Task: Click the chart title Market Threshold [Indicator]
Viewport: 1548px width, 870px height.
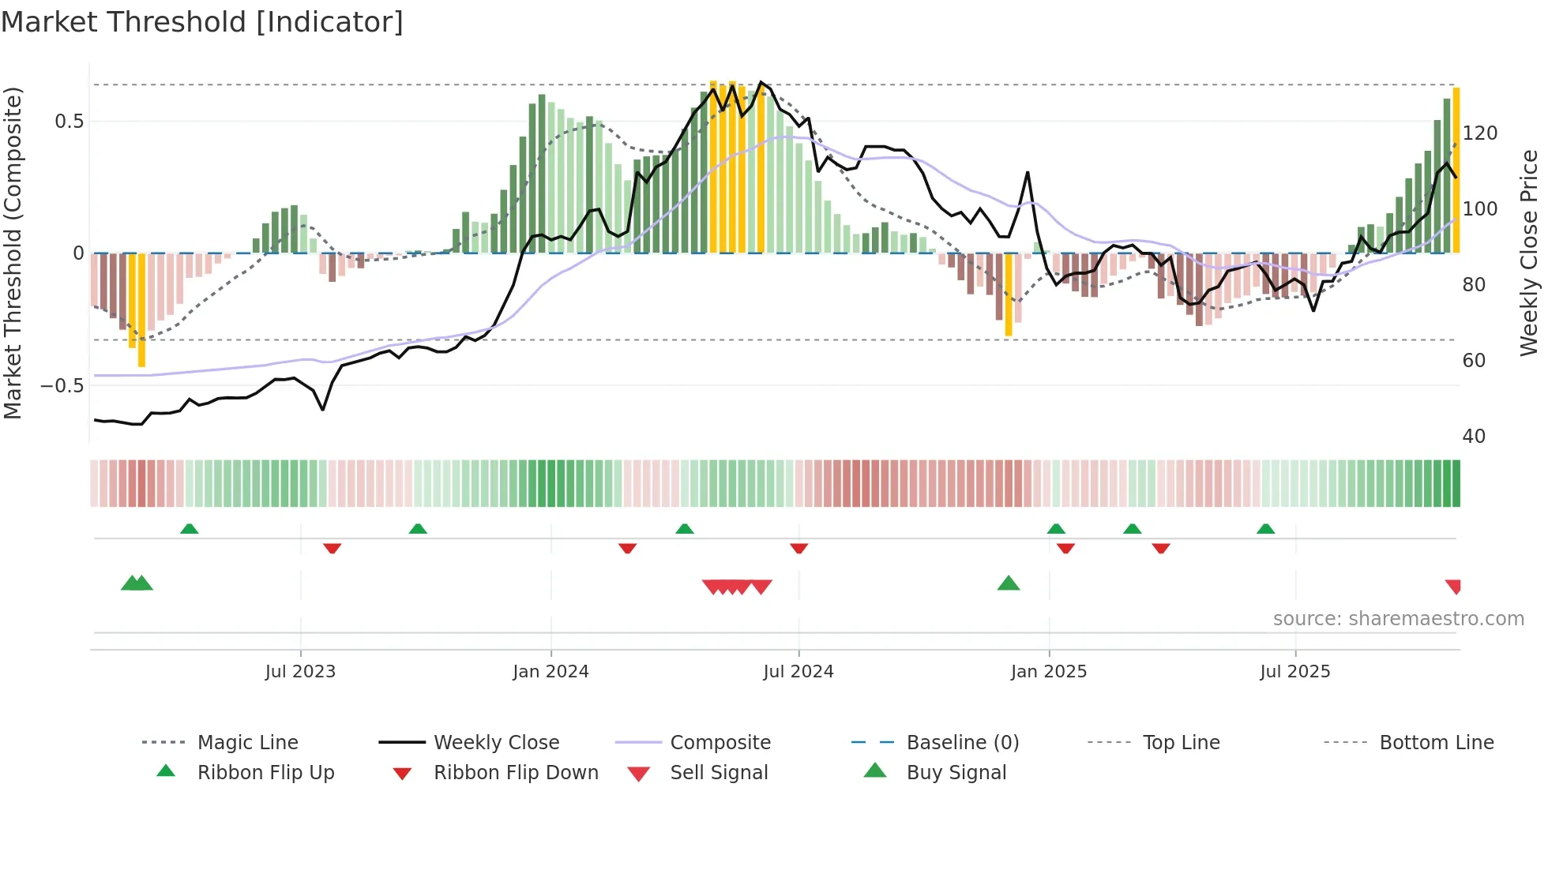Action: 202,22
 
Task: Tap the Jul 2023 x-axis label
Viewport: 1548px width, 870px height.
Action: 300,672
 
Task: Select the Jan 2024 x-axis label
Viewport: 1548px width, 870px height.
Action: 550,672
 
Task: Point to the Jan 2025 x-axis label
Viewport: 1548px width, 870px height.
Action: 1048,672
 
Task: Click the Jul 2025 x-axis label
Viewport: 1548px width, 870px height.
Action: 1294,672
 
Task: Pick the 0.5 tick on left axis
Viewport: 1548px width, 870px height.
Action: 69,122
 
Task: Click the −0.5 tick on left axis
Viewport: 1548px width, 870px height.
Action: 62,386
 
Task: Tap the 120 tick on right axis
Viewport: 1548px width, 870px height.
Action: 1479,133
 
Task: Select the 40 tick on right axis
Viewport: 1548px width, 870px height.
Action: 1474,437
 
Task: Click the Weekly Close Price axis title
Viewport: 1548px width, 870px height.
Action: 1529,253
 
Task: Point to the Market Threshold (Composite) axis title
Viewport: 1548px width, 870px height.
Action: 13,253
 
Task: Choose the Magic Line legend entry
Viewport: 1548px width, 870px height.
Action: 247,743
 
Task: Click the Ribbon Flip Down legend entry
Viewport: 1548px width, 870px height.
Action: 516,773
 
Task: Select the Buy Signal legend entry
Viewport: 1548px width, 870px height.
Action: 956,773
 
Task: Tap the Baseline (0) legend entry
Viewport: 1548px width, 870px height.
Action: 962,743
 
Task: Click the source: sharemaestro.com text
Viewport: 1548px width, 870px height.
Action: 1398,619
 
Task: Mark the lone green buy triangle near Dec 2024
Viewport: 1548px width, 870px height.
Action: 1009,584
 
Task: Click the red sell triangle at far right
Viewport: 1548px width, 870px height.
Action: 1454,587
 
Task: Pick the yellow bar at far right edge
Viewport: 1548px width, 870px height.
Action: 1456,170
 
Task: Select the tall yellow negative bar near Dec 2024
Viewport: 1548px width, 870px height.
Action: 1009,294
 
